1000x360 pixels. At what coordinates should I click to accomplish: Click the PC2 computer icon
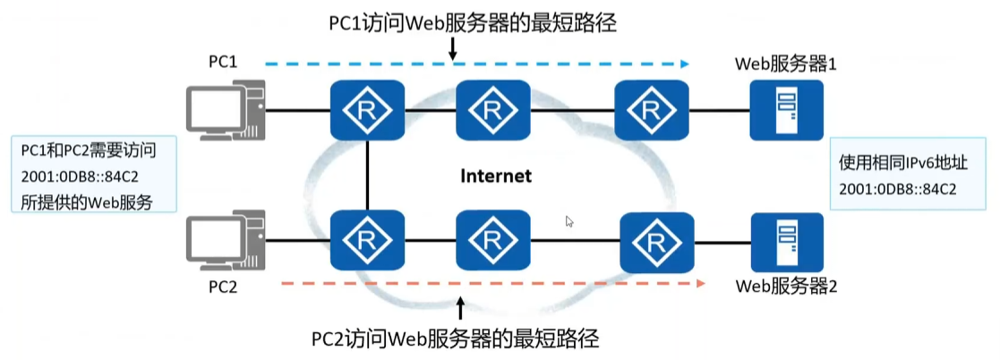point(225,240)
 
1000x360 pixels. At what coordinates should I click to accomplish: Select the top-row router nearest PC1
point(368,110)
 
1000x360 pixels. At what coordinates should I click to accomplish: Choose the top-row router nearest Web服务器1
point(651,110)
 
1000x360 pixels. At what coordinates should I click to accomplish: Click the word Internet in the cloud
point(495,176)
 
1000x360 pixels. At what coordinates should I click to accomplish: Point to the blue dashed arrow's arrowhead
point(684,64)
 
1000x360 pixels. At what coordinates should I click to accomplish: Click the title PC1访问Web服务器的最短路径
point(473,23)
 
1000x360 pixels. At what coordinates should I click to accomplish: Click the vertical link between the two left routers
point(368,176)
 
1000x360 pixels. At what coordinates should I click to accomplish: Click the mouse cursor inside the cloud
point(569,221)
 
